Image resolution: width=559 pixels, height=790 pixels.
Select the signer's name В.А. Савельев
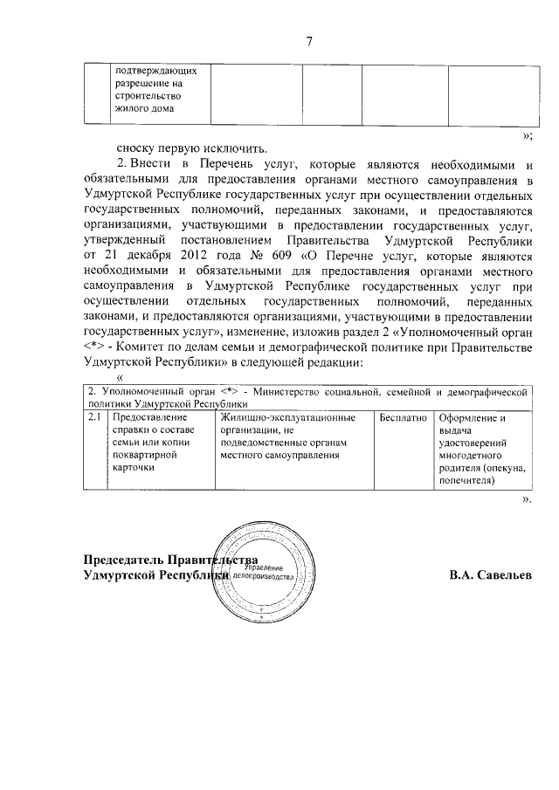(490, 576)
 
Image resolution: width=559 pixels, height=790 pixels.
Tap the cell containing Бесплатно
(404, 418)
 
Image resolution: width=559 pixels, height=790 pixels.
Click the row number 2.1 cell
(95, 418)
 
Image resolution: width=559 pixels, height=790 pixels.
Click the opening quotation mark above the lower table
(120, 378)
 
